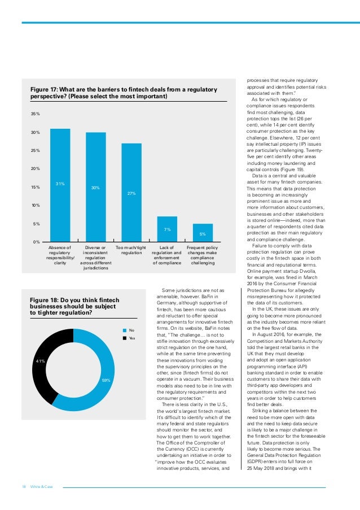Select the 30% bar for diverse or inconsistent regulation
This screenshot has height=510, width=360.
pos(95,187)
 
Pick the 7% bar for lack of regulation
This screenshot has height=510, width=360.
pos(167,229)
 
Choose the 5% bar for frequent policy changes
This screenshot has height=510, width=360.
pos(203,233)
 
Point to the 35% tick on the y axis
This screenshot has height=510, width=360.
pos(35,114)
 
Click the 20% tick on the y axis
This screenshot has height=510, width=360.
pos(35,169)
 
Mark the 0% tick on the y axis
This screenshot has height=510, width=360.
pos(36,242)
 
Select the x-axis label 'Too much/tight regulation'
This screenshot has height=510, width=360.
pos(131,250)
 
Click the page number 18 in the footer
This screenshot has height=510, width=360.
pos(24,487)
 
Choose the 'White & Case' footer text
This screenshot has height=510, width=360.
pos(41,487)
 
